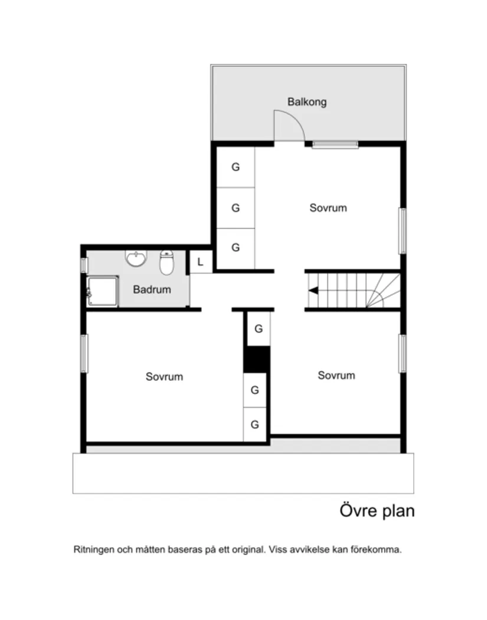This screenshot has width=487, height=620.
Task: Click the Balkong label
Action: [x=307, y=102]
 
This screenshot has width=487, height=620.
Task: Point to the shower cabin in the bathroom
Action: [x=102, y=292]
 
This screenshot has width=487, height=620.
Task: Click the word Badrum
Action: [x=152, y=289]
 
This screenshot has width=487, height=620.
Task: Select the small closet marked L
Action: [x=200, y=262]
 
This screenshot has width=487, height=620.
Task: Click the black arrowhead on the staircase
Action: [x=313, y=290]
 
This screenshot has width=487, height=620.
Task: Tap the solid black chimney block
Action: [x=257, y=360]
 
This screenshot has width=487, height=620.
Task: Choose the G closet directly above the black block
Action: [x=258, y=329]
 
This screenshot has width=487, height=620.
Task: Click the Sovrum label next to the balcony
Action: [x=328, y=208]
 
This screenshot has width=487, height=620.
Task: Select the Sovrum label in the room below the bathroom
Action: [x=164, y=376]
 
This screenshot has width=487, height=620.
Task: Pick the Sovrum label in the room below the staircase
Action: [x=336, y=375]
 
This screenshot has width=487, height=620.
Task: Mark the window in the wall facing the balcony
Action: [x=335, y=144]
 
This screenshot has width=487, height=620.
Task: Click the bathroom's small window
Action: [x=84, y=265]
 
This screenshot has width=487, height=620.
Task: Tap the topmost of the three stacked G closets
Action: [x=236, y=167]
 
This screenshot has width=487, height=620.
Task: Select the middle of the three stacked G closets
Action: [x=236, y=208]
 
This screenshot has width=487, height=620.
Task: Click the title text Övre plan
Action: [x=377, y=511]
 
